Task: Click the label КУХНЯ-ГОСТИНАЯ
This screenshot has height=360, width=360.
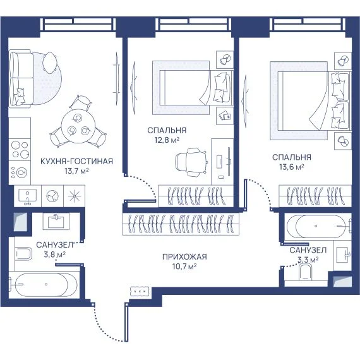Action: click(x=76, y=161)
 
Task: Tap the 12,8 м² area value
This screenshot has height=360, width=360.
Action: click(x=167, y=140)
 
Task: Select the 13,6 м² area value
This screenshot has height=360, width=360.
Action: click(x=292, y=167)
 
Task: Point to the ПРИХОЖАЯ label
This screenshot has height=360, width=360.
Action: click(x=184, y=256)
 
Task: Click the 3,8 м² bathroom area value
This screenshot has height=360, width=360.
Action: click(x=55, y=255)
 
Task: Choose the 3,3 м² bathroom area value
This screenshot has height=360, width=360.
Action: click(x=308, y=260)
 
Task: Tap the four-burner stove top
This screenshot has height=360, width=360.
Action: click(x=20, y=150)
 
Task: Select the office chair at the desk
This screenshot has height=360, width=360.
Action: click(x=191, y=162)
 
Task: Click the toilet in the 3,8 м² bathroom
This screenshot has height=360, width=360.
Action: click(x=23, y=254)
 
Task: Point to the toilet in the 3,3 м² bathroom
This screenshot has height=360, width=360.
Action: click(x=306, y=272)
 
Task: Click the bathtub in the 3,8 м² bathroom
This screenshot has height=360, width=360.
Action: click(x=44, y=284)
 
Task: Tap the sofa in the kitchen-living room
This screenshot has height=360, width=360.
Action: click(x=21, y=78)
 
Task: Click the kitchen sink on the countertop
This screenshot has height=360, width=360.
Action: click(x=28, y=196)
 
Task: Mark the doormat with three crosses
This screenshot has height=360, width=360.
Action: click(x=140, y=291)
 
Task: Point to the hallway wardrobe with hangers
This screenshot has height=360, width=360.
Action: click(x=181, y=224)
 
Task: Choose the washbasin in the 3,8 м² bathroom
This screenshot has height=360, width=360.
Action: click(x=56, y=220)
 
